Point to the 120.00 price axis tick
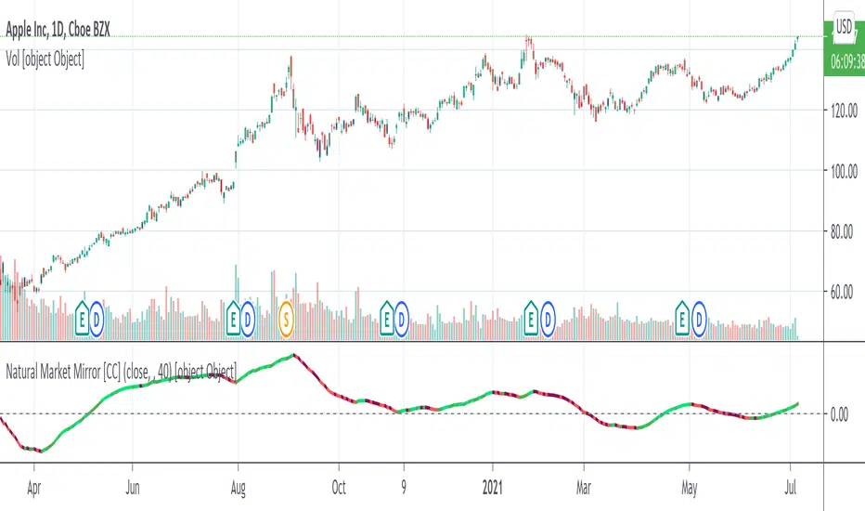(845, 110)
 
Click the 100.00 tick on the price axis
(845, 171)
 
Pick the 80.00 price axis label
(845, 231)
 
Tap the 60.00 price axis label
(845, 293)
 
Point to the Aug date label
(239, 485)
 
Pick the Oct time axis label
(340, 485)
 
